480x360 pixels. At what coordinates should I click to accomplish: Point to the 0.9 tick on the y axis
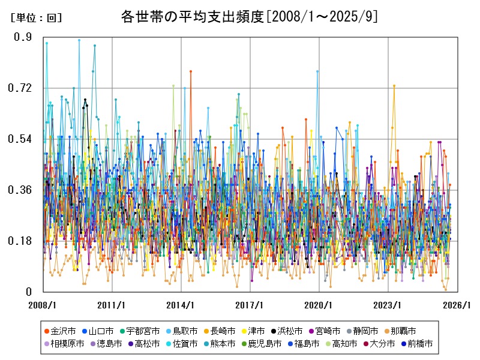[23, 37]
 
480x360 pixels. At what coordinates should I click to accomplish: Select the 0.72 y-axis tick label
[21, 88]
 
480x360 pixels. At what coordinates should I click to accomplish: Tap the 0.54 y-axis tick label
[21, 139]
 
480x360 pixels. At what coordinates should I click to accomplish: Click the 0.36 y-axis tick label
[21, 190]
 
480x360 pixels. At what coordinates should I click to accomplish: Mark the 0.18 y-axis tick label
[21, 241]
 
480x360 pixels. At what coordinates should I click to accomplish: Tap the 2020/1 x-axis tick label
[319, 305]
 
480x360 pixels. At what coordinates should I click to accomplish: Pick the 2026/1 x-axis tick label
[457, 305]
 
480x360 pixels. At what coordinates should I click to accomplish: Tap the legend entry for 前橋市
[419, 344]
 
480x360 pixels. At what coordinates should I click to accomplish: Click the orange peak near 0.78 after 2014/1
[191, 71]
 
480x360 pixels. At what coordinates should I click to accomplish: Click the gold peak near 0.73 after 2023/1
[394, 86]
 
